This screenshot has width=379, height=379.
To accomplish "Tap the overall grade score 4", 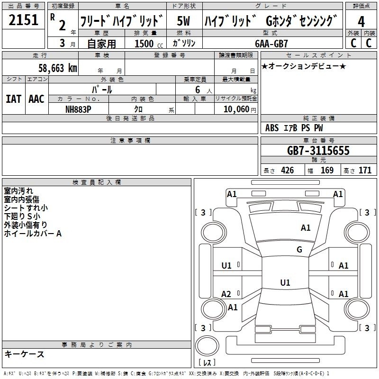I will click(361, 21).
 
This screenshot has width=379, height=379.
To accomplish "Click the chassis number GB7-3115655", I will click(318, 151).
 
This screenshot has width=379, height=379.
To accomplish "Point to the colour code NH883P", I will click(78, 108).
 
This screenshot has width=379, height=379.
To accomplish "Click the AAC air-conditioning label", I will click(36, 99).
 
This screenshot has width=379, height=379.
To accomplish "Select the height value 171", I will click(365, 171).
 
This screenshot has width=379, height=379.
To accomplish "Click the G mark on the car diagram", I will click(299, 250).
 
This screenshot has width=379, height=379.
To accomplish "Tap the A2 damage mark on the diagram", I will click(226, 294).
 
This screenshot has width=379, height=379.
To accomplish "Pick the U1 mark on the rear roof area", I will click(285, 283).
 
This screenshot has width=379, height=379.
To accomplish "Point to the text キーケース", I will click(25, 354).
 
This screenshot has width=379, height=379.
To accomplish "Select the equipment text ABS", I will click(272, 128).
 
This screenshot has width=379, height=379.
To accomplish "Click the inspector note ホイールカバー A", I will click(33, 234).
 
